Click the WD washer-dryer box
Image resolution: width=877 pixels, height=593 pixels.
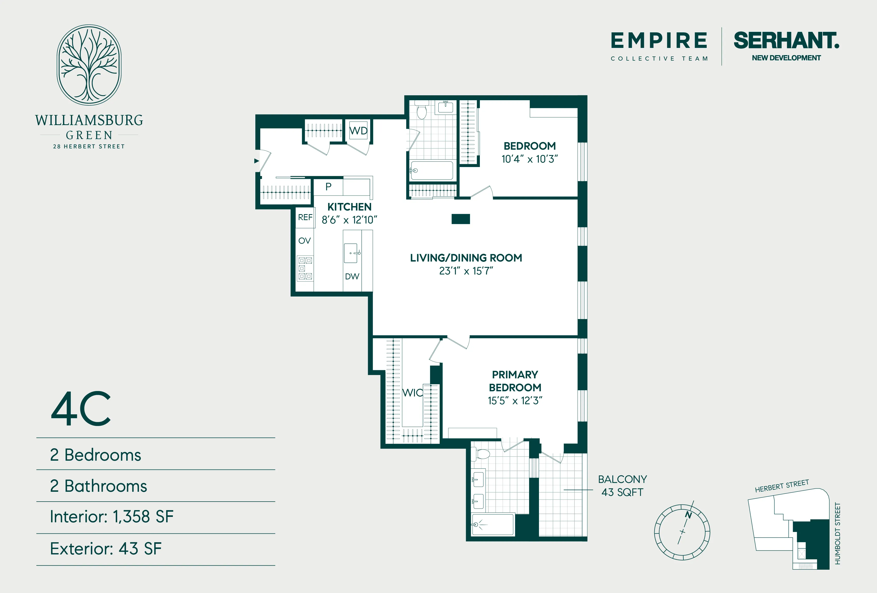pos(358,131)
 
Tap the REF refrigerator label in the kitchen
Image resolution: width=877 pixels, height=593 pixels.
pos(305,218)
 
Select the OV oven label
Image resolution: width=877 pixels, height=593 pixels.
pos(305,241)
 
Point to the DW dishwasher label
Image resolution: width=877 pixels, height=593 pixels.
pos(352,276)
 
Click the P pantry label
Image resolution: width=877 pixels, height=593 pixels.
pos(328,187)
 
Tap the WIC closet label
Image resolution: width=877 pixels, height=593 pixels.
pos(412,393)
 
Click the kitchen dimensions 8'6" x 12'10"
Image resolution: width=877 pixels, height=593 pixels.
pos(349,220)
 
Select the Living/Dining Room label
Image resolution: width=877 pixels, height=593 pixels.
pos(466,258)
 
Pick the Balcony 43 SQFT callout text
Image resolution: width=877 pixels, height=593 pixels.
pos(622,486)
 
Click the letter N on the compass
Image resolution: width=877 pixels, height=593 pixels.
pos(688,515)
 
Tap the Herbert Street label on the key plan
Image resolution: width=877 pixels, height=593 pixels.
pos(782,486)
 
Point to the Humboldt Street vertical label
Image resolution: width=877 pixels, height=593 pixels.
pos(837,533)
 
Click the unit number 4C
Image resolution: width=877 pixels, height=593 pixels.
pos(81,409)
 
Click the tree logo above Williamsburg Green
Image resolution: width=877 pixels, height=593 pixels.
pos(89,65)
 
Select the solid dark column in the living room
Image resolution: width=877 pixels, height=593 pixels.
pos(460,219)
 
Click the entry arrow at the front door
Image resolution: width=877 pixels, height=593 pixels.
pos(257,161)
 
